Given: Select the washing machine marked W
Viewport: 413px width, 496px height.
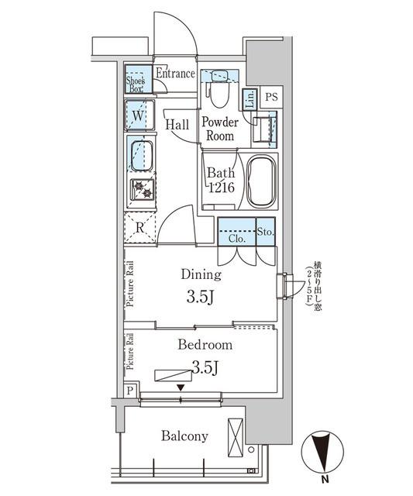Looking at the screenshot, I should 139,115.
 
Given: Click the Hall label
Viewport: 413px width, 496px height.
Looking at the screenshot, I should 178,123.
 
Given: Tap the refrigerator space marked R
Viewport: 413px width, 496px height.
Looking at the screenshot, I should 139,227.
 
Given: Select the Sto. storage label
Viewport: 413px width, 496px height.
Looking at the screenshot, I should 264,230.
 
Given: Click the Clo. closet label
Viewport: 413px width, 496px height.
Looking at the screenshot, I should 237,239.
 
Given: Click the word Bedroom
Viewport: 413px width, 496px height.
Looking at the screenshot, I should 205,345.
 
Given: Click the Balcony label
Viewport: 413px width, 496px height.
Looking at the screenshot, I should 184,436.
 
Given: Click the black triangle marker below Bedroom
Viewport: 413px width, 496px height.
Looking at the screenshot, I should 181,387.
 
